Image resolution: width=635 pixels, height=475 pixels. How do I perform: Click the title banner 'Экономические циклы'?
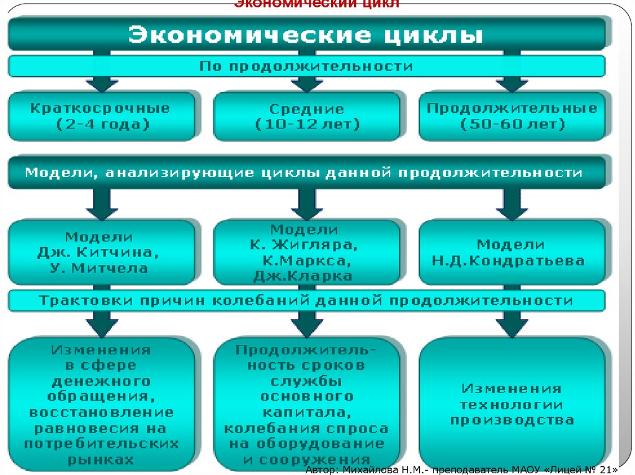[306, 34]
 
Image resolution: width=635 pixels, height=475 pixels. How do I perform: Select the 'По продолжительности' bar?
[306, 66]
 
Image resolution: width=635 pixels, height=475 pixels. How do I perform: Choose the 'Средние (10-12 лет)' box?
[306, 116]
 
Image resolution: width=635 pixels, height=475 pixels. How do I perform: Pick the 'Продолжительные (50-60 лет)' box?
[512, 116]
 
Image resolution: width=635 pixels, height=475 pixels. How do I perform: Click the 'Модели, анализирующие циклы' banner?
[306, 173]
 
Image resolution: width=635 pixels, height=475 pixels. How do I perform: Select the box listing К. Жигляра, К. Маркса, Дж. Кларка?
[306, 253]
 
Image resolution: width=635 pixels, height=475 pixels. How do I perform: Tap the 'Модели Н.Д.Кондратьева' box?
[512, 253]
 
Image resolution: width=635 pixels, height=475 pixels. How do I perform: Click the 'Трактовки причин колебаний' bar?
[306, 301]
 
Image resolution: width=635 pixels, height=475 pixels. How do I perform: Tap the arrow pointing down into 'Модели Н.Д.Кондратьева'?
[512, 203]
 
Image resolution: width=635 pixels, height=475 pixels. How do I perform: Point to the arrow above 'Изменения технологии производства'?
[512, 322]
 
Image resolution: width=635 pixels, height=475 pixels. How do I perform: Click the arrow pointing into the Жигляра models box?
[306, 203]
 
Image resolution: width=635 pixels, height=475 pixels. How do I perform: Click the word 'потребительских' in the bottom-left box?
[101, 444]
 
